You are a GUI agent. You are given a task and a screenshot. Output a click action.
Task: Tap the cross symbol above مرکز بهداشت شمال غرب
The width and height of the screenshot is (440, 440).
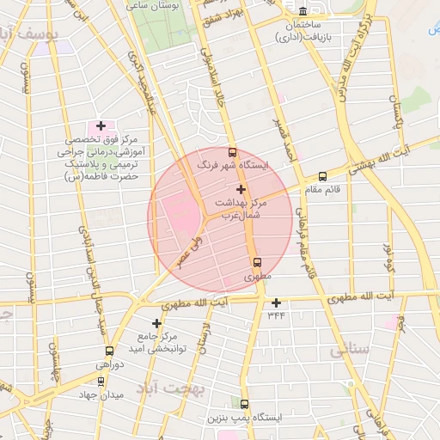click(x=240, y=188)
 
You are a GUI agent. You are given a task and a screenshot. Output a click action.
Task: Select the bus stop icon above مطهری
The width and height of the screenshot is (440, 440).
click(x=256, y=263)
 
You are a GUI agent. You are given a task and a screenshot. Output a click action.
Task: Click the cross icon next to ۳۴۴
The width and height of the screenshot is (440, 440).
click(x=276, y=302)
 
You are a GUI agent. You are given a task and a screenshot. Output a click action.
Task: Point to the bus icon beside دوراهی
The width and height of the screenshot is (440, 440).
click(x=109, y=351)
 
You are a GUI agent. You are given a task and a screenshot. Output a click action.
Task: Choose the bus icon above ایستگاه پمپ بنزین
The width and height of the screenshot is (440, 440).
click(x=244, y=404)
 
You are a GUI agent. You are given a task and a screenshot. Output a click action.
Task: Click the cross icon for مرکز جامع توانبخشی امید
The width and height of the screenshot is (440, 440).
click(x=156, y=323)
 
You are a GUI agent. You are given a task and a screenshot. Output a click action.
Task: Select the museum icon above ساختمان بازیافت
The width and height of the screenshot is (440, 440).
click(x=302, y=11)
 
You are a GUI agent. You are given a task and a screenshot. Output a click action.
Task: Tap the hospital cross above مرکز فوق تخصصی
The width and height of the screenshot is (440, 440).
click(x=101, y=125)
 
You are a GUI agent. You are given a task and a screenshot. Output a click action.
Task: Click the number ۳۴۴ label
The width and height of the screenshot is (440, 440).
click(x=276, y=315)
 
